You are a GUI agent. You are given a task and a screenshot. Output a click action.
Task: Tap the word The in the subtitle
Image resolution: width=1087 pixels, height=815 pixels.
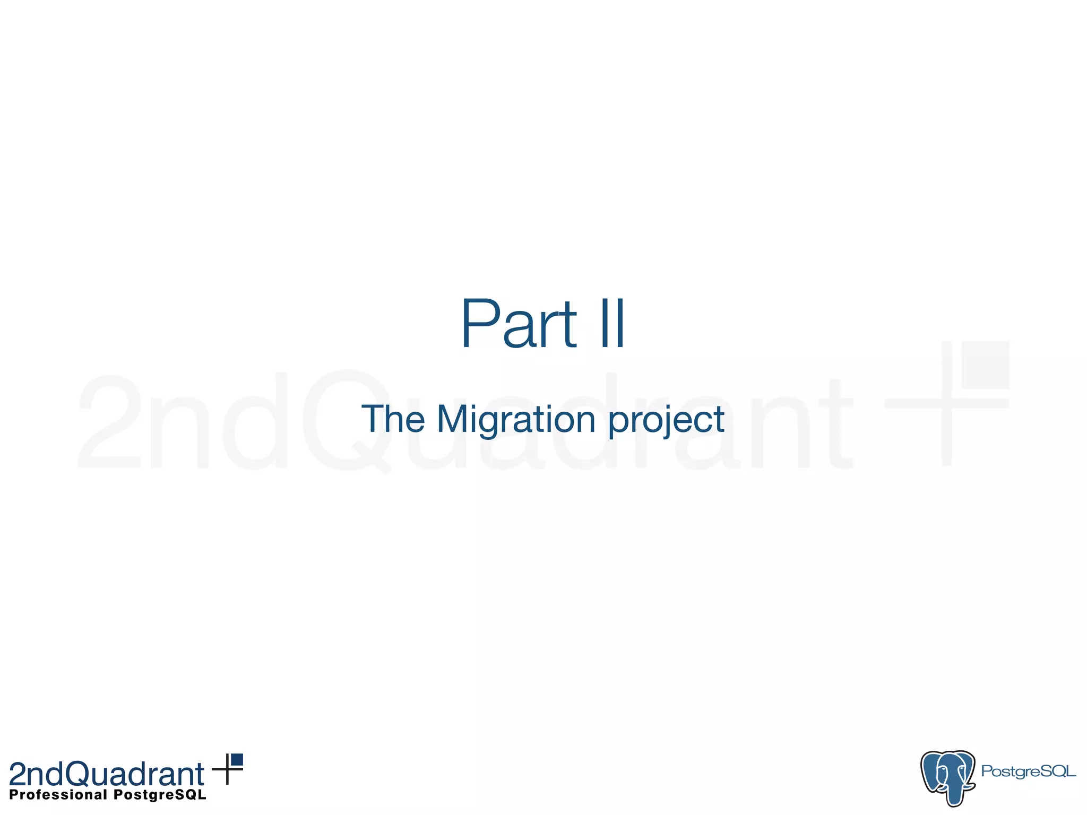(x=393, y=419)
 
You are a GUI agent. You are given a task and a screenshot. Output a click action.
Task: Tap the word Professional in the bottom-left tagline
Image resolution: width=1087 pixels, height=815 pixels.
(x=58, y=795)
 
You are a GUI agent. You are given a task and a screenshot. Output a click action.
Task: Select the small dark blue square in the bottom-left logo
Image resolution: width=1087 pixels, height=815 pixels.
(x=237, y=759)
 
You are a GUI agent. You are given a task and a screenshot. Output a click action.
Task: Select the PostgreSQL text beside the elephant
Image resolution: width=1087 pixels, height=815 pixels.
(x=1028, y=771)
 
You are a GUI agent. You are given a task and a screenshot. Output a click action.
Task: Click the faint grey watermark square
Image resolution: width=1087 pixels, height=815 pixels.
(x=985, y=365)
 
